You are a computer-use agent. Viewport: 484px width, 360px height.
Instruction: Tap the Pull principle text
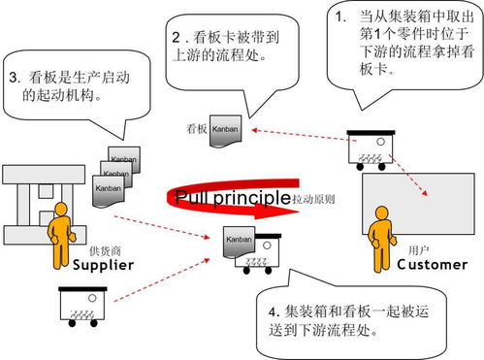233,198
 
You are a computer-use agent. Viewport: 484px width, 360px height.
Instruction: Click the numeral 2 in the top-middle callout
177,39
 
